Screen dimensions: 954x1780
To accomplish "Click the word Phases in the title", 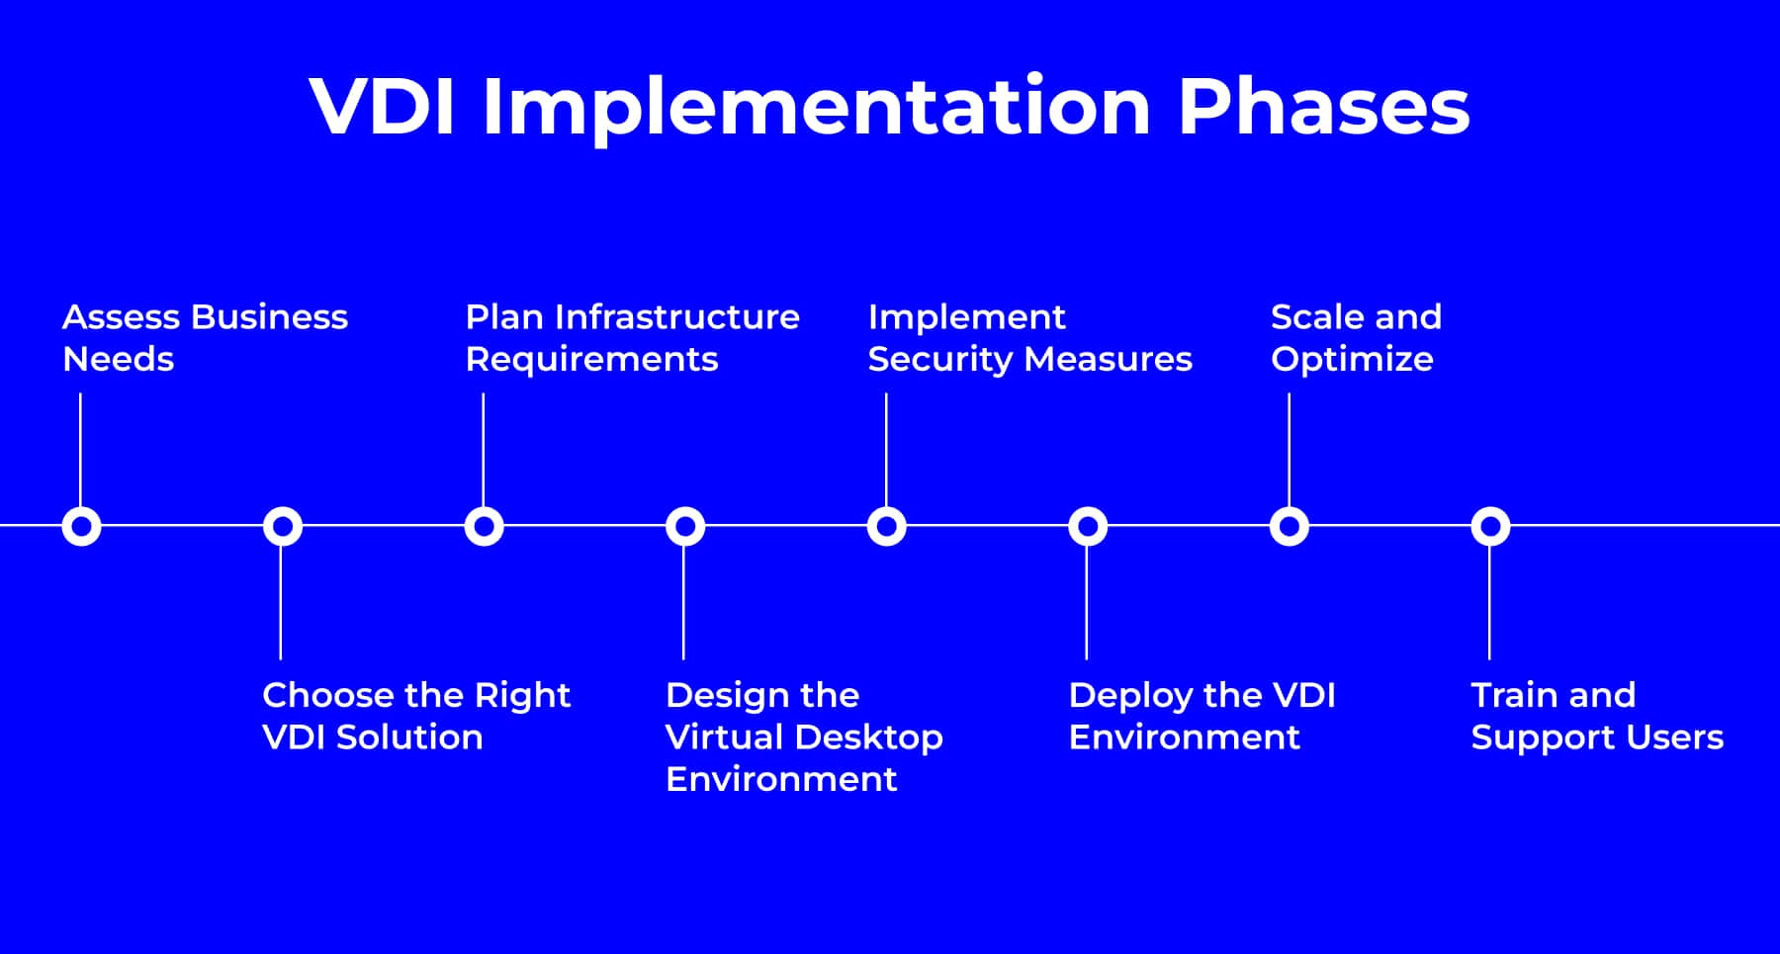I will [x=1323, y=106].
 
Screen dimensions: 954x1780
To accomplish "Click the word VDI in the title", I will [x=382, y=106].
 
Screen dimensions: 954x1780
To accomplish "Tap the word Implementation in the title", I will [x=816, y=108].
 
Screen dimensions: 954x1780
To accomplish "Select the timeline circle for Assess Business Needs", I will [x=81, y=526].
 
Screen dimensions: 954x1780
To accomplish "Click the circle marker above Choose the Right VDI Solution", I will [x=283, y=526].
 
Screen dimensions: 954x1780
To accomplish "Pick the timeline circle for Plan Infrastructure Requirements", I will [x=484, y=526].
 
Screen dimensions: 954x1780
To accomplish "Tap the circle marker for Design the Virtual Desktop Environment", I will [x=685, y=526].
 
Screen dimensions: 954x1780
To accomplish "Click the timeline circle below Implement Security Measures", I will [x=887, y=526].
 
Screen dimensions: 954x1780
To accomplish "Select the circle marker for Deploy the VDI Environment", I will [x=1088, y=526].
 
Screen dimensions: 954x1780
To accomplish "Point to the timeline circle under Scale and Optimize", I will [x=1290, y=526].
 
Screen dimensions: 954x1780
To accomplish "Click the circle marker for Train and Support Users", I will [x=1490, y=526].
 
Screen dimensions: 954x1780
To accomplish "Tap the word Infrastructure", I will [x=677, y=317].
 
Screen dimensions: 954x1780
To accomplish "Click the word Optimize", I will [x=1352, y=360].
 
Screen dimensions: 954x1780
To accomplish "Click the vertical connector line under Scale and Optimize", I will [x=1289, y=450].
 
